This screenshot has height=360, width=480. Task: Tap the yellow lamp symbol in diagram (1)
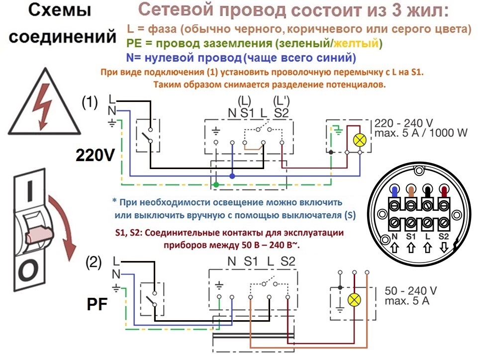(360, 140)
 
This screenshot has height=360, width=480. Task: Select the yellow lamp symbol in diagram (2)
(354, 300)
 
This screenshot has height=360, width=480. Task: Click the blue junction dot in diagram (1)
(232, 176)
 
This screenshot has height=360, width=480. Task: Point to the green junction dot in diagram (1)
(216, 184)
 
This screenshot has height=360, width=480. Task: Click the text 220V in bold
(95, 155)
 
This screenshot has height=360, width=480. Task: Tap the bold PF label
(97, 304)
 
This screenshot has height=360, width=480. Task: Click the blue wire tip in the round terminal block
(394, 192)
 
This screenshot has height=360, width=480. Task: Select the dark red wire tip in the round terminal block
(444, 192)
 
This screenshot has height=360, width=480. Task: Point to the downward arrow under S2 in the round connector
(444, 247)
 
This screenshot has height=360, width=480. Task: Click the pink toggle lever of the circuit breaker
(39, 234)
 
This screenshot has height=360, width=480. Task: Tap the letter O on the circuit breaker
(28, 270)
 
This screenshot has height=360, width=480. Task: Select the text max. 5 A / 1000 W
(421, 133)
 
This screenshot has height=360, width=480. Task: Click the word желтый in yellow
(356, 43)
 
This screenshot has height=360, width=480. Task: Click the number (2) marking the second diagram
(94, 263)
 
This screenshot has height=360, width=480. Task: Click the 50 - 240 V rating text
(410, 290)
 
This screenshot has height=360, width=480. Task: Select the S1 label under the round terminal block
(411, 236)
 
